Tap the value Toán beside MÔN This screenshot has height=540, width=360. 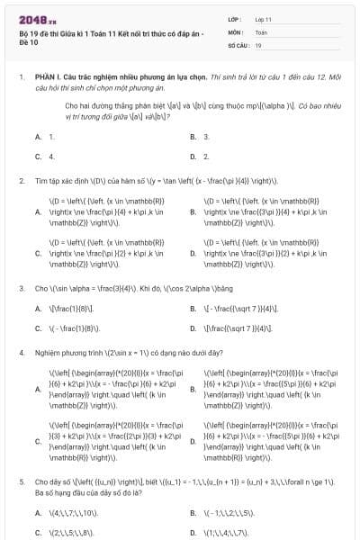pos(261,31)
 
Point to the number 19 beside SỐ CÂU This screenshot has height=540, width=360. pos(258,44)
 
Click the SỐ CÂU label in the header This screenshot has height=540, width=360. pos(238,44)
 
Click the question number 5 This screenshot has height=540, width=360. pos(21,481)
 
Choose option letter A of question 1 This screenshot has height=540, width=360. pos(38,137)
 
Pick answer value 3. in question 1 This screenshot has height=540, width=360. pos(206,137)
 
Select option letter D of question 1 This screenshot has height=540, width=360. pos(193,157)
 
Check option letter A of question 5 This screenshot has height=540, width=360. pos(38,513)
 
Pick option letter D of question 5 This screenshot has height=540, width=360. pos(193,533)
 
